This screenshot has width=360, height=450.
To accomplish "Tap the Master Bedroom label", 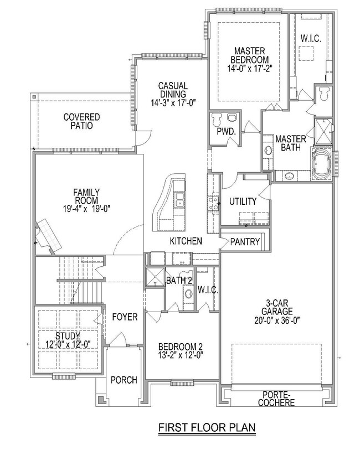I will pyautogui.click(x=251, y=55).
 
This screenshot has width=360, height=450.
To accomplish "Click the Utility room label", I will pyautogui.click(x=243, y=201).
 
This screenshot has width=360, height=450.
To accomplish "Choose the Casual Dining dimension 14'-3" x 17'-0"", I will pyautogui.click(x=173, y=102).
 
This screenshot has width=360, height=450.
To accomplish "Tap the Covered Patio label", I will pyautogui.click(x=81, y=121).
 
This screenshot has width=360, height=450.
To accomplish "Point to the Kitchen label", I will pyautogui.click(x=186, y=242).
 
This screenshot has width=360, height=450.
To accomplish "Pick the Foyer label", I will pyautogui.click(x=125, y=317).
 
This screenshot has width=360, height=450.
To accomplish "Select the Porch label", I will pyautogui.click(x=124, y=380).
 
